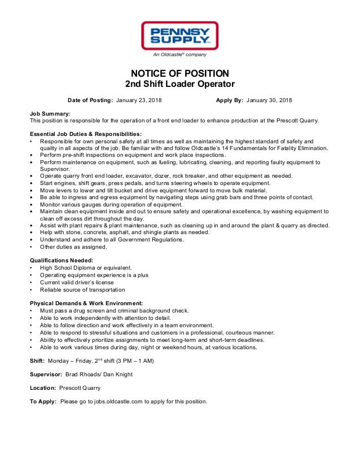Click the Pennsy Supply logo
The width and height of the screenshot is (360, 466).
tap(179, 36)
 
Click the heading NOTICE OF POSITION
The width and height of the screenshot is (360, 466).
tap(179, 73)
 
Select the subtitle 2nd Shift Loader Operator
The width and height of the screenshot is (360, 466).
tap(179, 85)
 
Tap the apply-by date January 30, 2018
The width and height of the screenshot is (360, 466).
tap(270, 100)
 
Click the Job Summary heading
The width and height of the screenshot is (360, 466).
tap(50, 114)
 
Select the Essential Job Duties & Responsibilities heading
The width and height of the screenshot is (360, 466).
tap(86, 134)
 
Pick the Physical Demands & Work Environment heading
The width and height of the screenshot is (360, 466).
tap(86, 303)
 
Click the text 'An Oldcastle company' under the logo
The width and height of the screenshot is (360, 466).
tap(179, 55)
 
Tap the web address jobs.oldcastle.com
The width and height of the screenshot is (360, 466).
tap(124, 402)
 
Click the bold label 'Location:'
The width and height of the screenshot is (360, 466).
tap(43, 388)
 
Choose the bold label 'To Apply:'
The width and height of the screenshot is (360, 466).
tap(43, 402)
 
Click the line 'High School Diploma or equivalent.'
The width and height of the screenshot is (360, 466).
tap(86, 267)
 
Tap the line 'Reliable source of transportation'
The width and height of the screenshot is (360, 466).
tap(82, 289)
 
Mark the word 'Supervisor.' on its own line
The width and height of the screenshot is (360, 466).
tap(55, 169)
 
